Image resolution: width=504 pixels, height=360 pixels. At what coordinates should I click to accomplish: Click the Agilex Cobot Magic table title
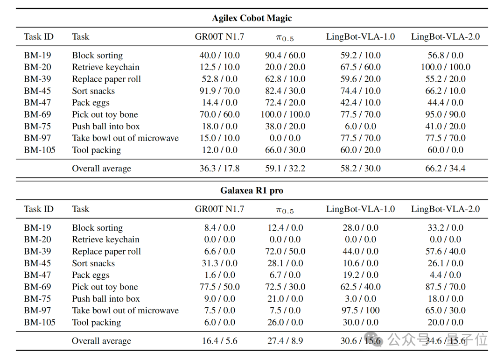(252, 18)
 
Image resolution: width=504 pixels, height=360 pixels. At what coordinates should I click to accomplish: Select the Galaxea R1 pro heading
(252, 191)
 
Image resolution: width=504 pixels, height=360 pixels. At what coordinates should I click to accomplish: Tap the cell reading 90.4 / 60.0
(285, 56)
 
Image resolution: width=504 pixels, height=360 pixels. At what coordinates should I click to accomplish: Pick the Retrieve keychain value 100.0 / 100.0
(446, 67)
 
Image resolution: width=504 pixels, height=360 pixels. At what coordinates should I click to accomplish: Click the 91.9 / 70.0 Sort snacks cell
(219, 91)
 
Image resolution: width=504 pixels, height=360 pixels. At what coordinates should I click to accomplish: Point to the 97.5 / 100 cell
(360, 311)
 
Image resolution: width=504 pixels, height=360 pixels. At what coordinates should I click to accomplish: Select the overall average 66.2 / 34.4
(446, 168)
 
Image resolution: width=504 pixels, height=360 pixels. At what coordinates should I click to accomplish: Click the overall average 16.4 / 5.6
(219, 341)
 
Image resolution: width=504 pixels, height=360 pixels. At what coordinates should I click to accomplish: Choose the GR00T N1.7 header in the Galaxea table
(219, 209)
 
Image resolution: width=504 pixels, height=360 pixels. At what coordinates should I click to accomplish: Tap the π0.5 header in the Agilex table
(285, 38)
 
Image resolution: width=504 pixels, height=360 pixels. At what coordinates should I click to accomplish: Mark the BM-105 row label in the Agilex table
(40, 150)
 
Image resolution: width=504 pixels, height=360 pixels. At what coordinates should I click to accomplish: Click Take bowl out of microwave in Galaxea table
(126, 311)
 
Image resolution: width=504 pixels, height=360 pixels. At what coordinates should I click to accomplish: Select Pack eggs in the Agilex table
(91, 103)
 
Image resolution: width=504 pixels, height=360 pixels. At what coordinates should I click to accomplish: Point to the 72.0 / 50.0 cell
(285, 251)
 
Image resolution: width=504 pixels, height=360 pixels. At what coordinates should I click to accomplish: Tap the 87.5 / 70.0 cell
(446, 287)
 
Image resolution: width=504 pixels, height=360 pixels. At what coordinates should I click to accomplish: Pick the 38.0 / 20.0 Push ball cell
(285, 126)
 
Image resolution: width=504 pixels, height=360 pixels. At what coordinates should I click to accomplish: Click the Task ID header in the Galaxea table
(39, 209)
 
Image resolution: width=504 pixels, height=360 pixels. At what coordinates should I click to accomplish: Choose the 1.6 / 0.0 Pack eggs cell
(219, 275)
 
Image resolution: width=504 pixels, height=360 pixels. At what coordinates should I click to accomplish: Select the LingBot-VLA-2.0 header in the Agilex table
(446, 37)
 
